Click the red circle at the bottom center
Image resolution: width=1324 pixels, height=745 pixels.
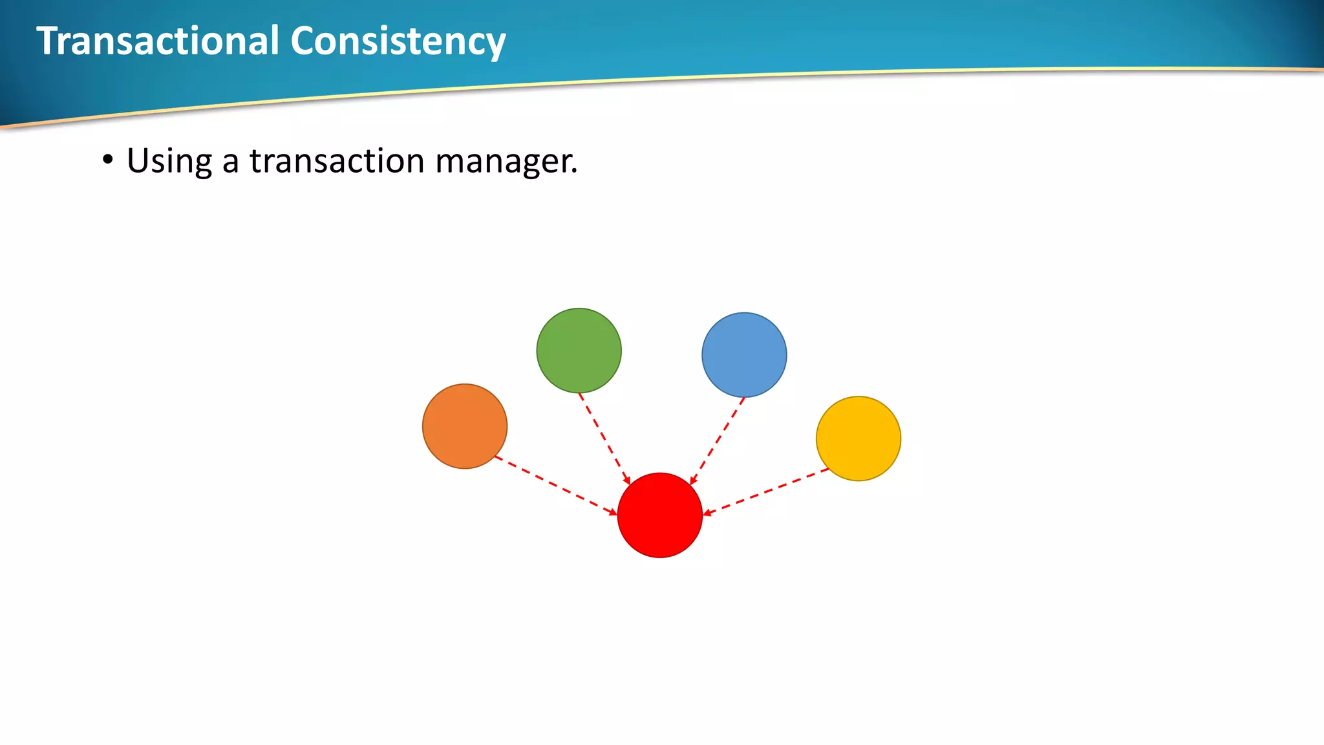point(659,515)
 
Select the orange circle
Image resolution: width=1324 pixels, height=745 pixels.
point(465,426)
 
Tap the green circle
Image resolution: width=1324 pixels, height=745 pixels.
point(579,351)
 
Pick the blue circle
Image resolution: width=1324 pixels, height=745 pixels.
point(744,355)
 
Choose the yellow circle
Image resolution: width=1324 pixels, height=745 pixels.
point(859,438)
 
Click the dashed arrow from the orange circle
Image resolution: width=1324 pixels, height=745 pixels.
point(555,485)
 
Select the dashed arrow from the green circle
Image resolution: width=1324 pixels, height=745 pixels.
point(604,438)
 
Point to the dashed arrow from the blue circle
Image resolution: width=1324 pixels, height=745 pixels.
point(718,440)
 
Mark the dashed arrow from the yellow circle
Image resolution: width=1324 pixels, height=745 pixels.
point(767,491)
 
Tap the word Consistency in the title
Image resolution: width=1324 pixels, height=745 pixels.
point(398,41)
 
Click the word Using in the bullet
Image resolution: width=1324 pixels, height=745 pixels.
point(169,161)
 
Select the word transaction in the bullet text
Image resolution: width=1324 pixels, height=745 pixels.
point(336,161)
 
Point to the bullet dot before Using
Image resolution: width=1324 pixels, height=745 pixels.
point(108,160)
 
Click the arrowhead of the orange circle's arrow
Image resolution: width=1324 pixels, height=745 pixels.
point(614,513)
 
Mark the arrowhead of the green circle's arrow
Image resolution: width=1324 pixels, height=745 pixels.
point(627,480)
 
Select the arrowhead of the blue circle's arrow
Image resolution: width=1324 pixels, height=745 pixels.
point(692,481)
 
